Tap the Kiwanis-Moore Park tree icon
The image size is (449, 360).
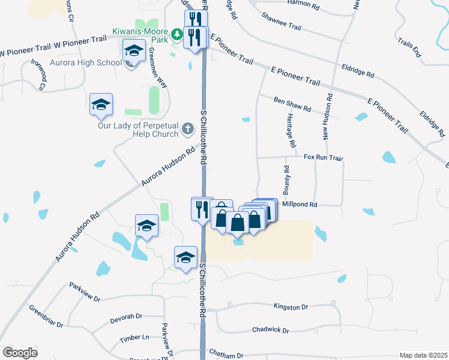[x=177, y=34]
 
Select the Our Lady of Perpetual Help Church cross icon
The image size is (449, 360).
[x=188, y=128]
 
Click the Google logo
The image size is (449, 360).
[x=20, y=353]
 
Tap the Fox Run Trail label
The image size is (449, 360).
[x=323, y=158]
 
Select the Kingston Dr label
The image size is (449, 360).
[x=290, y=307]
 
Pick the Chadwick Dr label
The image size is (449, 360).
[x=270, y=330]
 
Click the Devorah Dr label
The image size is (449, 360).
[x=125, y=317]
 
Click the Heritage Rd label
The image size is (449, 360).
[x=291, y=130]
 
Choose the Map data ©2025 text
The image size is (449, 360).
[x=423, y=355]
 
